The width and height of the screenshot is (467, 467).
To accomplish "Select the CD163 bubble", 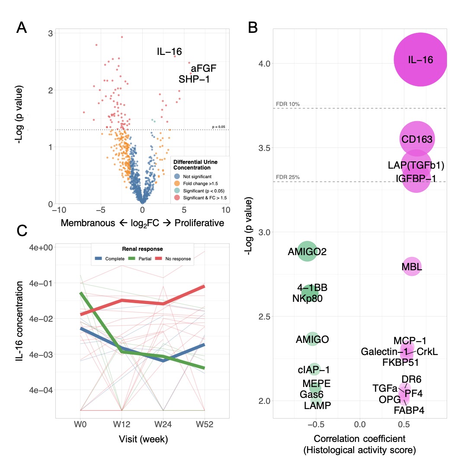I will pyautogui.click(x=417, y=139).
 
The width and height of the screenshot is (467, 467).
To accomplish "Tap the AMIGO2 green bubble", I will pyautogui.click(x=307, y=252).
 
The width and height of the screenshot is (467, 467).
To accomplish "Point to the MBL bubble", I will pyautogui.click(x=412, y=267).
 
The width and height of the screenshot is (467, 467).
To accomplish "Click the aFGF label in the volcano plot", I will pyautogui.click(x=203, y=68).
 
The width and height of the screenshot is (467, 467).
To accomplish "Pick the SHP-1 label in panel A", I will pyautogui.click(x=194, y=79).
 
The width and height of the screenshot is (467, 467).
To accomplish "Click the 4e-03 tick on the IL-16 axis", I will pyautogui.click(x=41, y=354).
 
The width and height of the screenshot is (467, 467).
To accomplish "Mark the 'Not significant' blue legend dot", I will pyautogui.click(x=177, y=176).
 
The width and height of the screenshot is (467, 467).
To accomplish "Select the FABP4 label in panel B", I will pyautogui.click(x=409, y=410).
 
